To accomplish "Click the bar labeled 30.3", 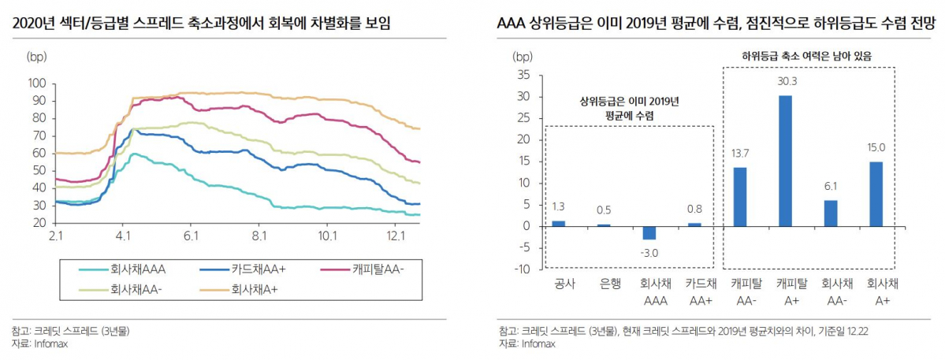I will (786, 161).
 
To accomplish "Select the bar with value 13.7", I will (740, 197).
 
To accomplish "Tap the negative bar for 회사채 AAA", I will (649, 233).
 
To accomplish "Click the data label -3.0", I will (649, 252).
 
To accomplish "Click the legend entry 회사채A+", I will (251, 289).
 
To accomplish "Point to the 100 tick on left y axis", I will (37, 83).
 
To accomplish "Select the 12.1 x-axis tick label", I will (396, 236).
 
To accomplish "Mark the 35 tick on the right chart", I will (523, 75).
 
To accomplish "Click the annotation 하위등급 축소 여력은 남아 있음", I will (809, 56).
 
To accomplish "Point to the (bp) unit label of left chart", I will (37, 57).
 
